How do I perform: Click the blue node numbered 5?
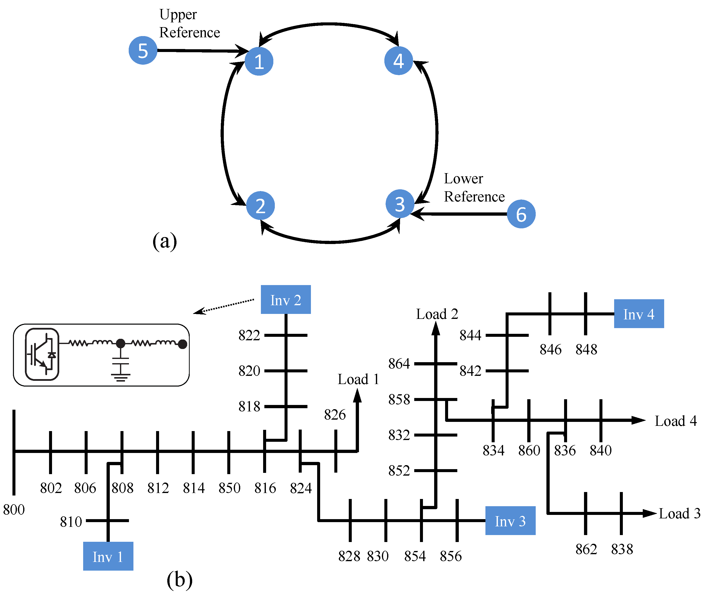[143, 50]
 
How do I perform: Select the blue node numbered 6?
[521, 214]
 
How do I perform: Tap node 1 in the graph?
[259, 61]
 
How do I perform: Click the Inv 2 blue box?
[286, 300]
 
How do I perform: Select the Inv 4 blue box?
[639, 314]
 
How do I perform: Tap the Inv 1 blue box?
[108, 556]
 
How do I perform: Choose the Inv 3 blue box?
[510, 521]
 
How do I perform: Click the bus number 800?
[14, 510]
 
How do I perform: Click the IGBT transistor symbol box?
[42, 354]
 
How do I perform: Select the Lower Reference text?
[474, 188]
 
